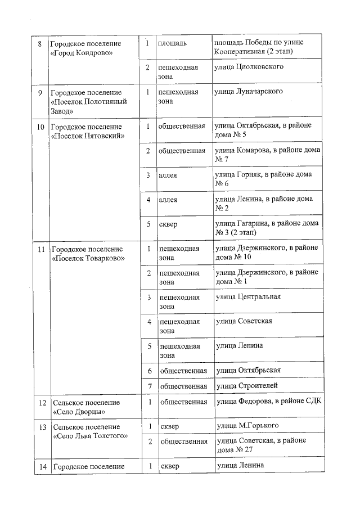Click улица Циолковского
tap(248, 67)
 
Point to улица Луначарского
tap(249, 91)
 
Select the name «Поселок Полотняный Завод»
tap(88, 101)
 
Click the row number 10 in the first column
tap(40, 127)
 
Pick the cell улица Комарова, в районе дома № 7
tap(267, 155)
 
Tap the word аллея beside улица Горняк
tap(168, 175)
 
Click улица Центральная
tap(248, 297)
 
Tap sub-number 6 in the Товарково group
tap(150, 370)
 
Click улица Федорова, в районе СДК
tap(267, 402)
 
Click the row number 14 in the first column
tap(42, 466)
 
